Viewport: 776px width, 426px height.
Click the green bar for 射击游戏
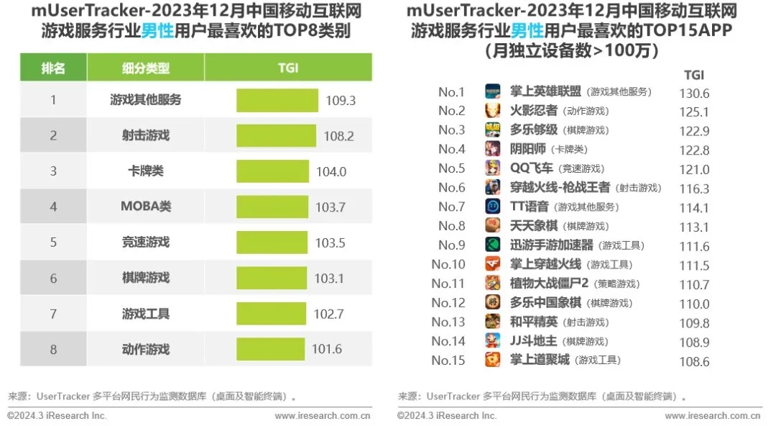tap(276, 135)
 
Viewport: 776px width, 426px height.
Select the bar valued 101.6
tap(270, 349)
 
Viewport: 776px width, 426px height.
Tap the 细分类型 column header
tap(146, 68)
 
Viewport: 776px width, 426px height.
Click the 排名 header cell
tap(53, 68)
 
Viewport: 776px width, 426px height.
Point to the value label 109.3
tap(341, 100)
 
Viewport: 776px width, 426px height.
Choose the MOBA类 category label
tap(146, 207)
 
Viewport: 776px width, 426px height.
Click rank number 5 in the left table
tap(53, 243)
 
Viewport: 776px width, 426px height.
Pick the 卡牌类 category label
tap(146, 171)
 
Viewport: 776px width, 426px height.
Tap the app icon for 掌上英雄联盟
tap(493, 91)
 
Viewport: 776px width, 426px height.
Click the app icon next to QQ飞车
tap(493, 168)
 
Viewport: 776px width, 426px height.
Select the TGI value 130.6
tap(694, 93)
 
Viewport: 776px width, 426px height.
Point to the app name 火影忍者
tap(533, 111)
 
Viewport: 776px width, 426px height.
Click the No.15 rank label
tap(448, 361)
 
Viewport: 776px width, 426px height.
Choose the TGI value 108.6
tap(694, 361)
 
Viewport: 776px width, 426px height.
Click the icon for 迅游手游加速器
tap(493, 245)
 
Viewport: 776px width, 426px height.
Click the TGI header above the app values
tap(693, 75)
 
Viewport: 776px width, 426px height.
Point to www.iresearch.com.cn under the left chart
tap(323, 415)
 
